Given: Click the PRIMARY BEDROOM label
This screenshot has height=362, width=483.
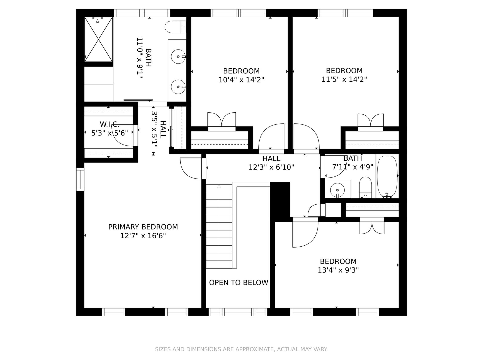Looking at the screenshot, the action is (x=143, y=227).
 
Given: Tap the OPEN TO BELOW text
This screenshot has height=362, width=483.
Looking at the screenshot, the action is (x=239, y=283).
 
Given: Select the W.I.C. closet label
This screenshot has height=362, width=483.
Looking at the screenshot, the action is (x=109, y=124).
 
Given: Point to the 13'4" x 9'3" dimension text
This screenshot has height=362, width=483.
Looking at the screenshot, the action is (x=338, y=270).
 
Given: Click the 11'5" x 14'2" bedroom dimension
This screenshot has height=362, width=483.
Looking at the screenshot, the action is (x=344, y=79).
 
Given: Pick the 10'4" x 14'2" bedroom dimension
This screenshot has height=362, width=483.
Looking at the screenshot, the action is (x=241, y=80).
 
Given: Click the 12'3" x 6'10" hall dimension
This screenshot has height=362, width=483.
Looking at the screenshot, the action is (x=271, y=167).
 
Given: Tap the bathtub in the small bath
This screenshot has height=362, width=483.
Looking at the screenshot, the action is (x=387, y=177).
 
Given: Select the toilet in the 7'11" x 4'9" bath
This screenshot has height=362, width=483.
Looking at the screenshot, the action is (x=365, y=188).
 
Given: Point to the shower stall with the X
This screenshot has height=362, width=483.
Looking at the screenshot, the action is (x=98, y=39).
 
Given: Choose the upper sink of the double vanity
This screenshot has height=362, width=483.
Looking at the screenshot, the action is (x=178, y=57).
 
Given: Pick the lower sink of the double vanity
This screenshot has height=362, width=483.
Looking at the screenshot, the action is (x=178, y=87).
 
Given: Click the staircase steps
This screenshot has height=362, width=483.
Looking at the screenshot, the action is (x=219, y=226).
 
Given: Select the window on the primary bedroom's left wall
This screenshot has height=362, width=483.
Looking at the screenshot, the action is (x=80, y=179).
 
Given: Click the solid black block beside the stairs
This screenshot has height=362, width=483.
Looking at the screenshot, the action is (x=280, y=202).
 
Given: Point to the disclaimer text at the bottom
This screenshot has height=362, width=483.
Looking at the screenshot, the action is (x=241, y=349).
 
